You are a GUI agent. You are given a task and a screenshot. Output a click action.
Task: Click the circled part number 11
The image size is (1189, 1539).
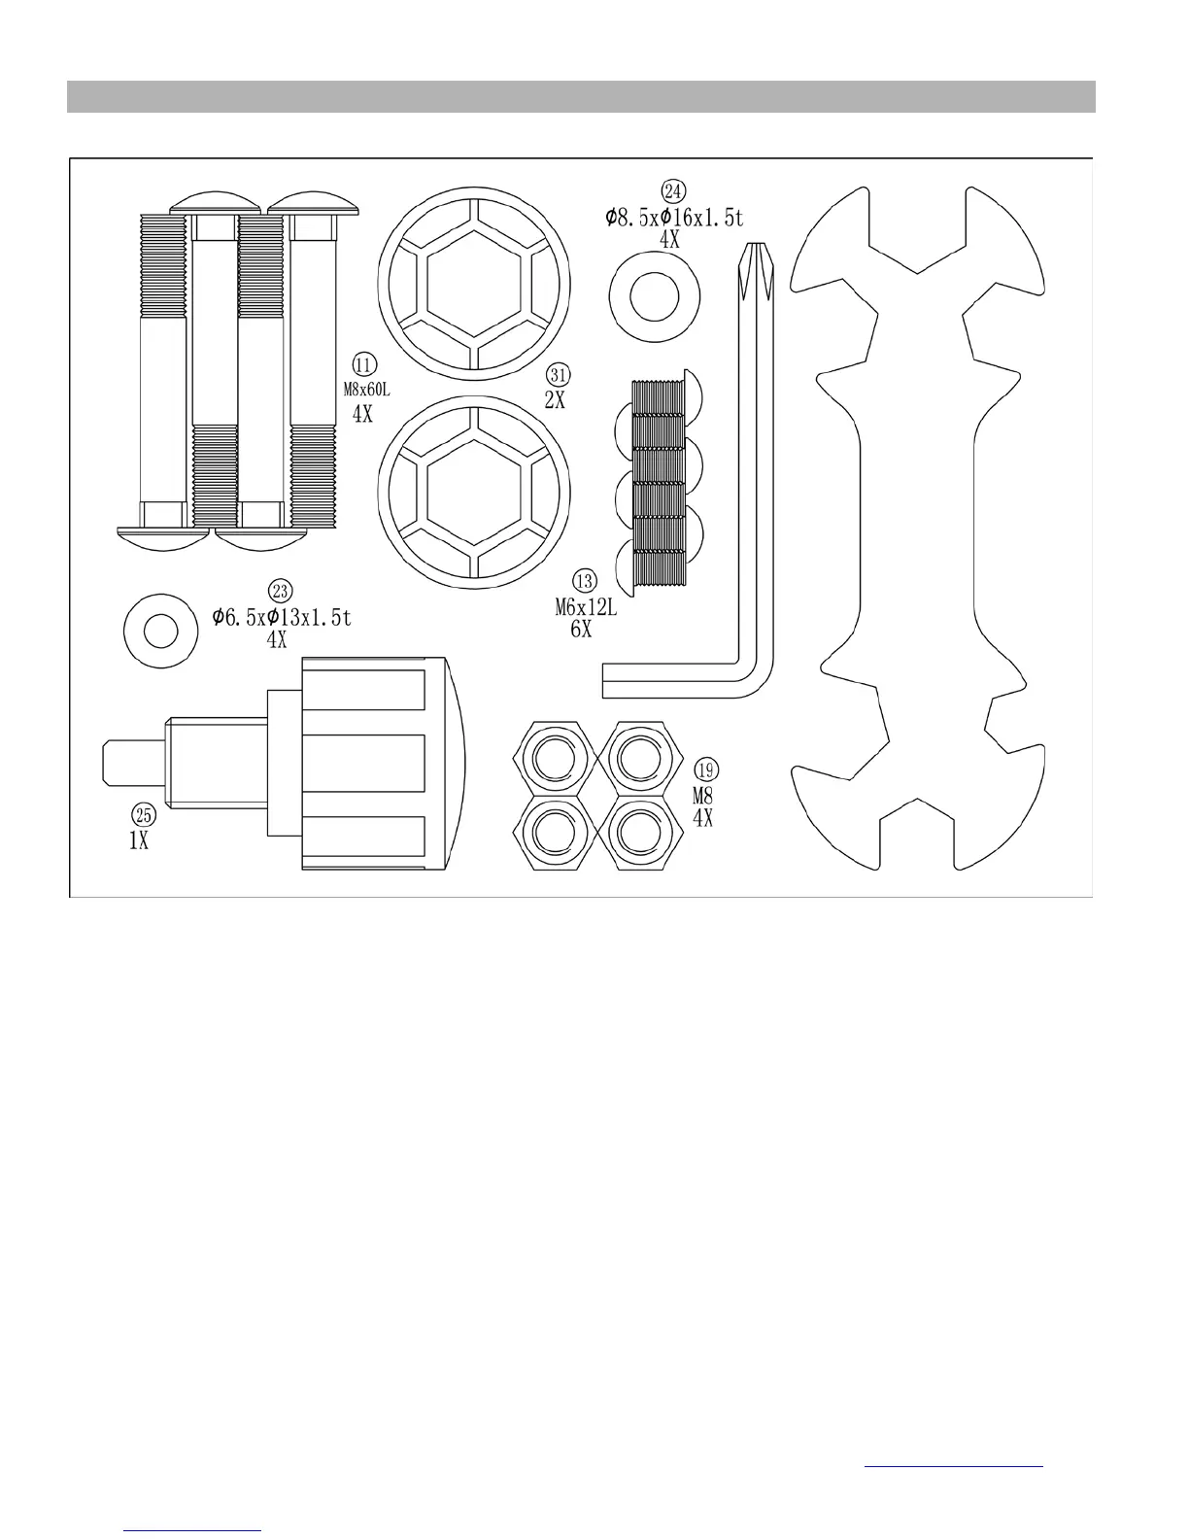[364, 365]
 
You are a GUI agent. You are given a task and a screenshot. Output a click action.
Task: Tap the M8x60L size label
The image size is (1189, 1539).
[366, 389]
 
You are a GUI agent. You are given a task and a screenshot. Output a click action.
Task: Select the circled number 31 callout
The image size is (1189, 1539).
[557, 375]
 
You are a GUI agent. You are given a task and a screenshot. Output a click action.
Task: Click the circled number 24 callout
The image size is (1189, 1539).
[672, 190]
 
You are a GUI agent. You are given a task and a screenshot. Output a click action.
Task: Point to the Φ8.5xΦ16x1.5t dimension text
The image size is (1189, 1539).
[673, 217]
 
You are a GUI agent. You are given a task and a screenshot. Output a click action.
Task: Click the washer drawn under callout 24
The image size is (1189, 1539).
[655, 296]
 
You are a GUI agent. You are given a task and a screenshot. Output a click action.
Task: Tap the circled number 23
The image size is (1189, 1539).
[281, 591]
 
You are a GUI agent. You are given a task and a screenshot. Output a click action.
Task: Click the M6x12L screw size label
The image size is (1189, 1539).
[586, 608]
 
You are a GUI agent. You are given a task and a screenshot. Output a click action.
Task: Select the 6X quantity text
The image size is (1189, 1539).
[581, 629]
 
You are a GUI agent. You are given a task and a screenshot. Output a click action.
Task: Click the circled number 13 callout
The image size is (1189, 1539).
[585, 581]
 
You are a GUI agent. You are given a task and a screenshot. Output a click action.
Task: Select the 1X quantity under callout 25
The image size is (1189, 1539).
[139, 841]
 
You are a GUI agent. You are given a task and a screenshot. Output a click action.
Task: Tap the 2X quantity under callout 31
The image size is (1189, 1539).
[555, 399]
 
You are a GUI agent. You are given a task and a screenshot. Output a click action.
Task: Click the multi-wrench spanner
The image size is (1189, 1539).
[917, 530]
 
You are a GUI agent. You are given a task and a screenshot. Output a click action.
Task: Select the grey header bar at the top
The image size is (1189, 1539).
[581, 97]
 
